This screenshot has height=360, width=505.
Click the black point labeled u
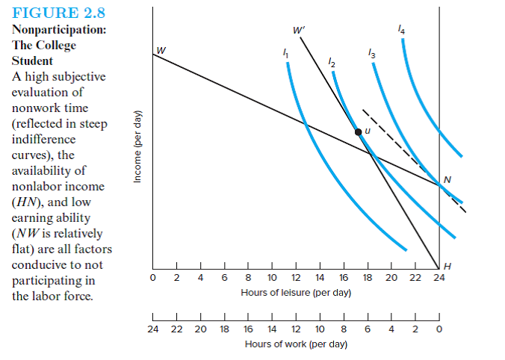pyautogui.click(x=358, y=131)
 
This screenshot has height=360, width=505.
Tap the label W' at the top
pyautogui.click(x=300, y=31)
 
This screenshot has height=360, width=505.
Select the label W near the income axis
pyautogui.click(x=161, y=50)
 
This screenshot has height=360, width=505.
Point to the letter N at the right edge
pyautogui.click(x=447, y=179)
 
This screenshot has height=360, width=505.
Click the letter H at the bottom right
pyautogui.click(x=447, y=267)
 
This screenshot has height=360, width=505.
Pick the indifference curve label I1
pyautogui.click(x=284, y=54)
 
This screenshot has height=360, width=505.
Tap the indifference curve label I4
pyautogui.click(x=403, y=31)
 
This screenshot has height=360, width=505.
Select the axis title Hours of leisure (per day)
pyautogui.click(x=296, y=292)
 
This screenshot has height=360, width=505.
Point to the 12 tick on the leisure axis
pyautogui.click(x=296, y=279)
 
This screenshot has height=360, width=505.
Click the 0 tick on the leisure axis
pyautogui.click(x=153, y=279)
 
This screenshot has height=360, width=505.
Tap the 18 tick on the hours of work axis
pyautogui.click(x=224, y=329)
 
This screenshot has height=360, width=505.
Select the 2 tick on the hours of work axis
pyautogui.click(x=415, y=329)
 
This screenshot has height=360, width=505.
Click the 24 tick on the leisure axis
pyautogui.click(x=439, y=279)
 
